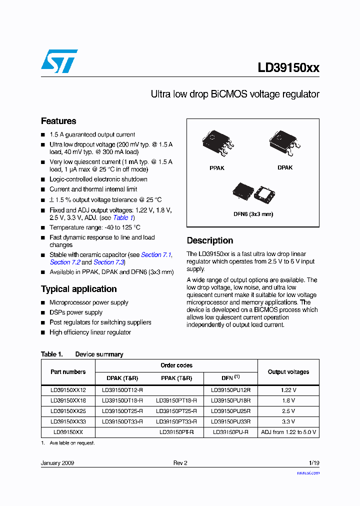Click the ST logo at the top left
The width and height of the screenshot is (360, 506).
click(x=59, y=61)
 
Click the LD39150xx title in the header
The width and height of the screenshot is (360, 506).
click(x=288, y=68)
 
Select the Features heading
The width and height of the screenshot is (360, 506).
click(x=58, y=121)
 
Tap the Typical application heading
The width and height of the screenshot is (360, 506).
click(x=78, y=289)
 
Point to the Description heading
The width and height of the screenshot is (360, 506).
click(x=210, y=240)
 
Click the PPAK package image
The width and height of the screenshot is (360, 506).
click(x=217, y=143)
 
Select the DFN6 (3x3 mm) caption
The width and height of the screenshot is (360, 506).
click(x=253, y=214)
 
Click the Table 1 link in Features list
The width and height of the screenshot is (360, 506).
click(x=123, y=217)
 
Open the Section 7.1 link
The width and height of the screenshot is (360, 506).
click(x=156, y=255)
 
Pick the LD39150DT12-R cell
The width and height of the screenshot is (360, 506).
click(x=122, y=390)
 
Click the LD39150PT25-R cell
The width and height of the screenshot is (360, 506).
click(x=176, y=411)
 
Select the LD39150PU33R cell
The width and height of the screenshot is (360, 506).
click(x=230, y=421)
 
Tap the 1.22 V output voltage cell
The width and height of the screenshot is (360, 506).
click(x=288, y=390)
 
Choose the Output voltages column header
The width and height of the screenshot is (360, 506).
click(x=288, y=372)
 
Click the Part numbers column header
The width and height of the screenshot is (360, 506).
click(x=68, y=372)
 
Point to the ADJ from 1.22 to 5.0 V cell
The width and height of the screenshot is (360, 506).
click(x=288, y=432)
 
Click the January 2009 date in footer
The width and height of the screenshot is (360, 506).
click(x=57, y=463)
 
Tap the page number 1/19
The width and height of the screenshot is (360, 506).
click(x=313, y=463)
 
